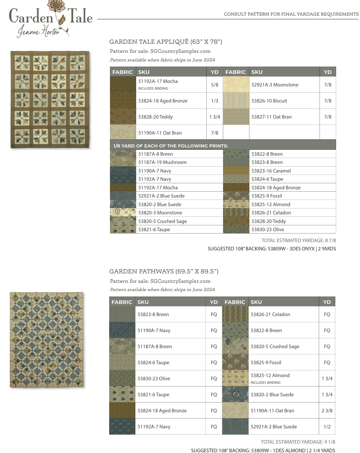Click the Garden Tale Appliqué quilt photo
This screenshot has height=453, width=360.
click(x=50, y=99)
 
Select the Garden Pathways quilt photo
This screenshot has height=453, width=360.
click(x=47, y=340)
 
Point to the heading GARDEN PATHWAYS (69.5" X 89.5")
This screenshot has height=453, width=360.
click(x=164, y=271)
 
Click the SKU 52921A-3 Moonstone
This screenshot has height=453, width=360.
click(x=275, y=85)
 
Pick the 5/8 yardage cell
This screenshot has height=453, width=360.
click(x=214, y=84)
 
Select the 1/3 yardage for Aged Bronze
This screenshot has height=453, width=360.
click(x=214, y=101)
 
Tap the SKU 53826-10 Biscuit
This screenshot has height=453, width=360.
click(x=269, y=101)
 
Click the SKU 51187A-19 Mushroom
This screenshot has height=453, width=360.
click(x=162, y=162)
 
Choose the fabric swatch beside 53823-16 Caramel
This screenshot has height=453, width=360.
click(x=236, y=171)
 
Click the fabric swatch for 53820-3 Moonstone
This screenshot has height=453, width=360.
click(x=123, y=213)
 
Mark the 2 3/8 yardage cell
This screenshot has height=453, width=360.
click(x=327, y=411)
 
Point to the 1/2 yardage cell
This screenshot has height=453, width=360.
click(x=327, y=427)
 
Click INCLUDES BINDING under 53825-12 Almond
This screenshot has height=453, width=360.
click(x=266, y=383)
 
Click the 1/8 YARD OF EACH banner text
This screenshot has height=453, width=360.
click(x=170, y=146)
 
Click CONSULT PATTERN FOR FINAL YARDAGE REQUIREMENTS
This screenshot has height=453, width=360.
click(x=291, y=14)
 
